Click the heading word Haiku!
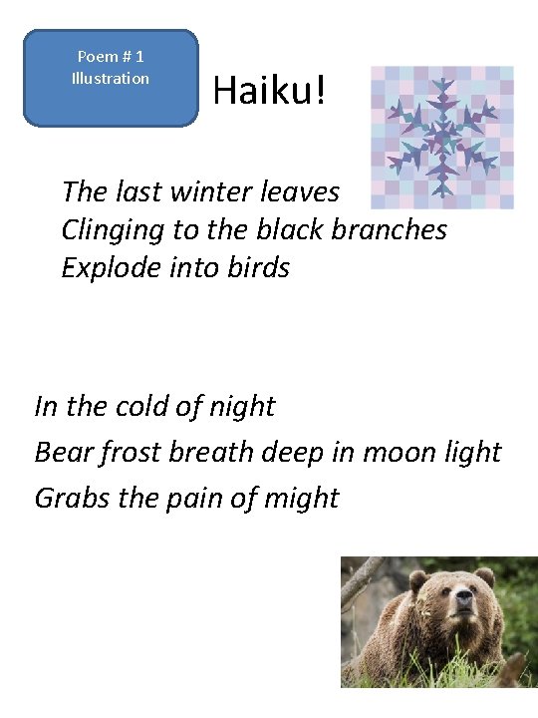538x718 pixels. (x=268, y=92)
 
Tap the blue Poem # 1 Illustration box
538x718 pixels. (x=111, y=78)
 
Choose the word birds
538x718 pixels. (x=257, y=267)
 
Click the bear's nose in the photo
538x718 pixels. (x=463, y=629)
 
